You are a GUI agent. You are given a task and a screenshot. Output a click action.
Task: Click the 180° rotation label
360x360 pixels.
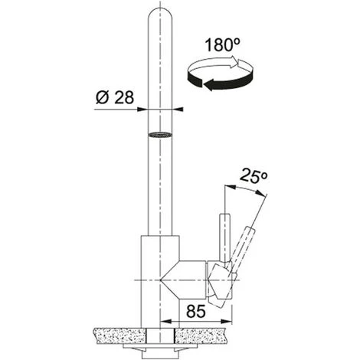222,45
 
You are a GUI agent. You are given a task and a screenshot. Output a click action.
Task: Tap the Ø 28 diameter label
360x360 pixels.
115,97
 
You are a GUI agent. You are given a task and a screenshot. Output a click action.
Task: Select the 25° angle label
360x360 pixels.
254,175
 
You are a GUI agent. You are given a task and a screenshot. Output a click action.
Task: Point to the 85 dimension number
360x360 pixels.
196,311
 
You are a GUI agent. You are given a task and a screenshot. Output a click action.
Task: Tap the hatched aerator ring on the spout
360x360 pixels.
160,135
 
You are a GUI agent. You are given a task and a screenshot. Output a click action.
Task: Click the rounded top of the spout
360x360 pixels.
160,14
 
